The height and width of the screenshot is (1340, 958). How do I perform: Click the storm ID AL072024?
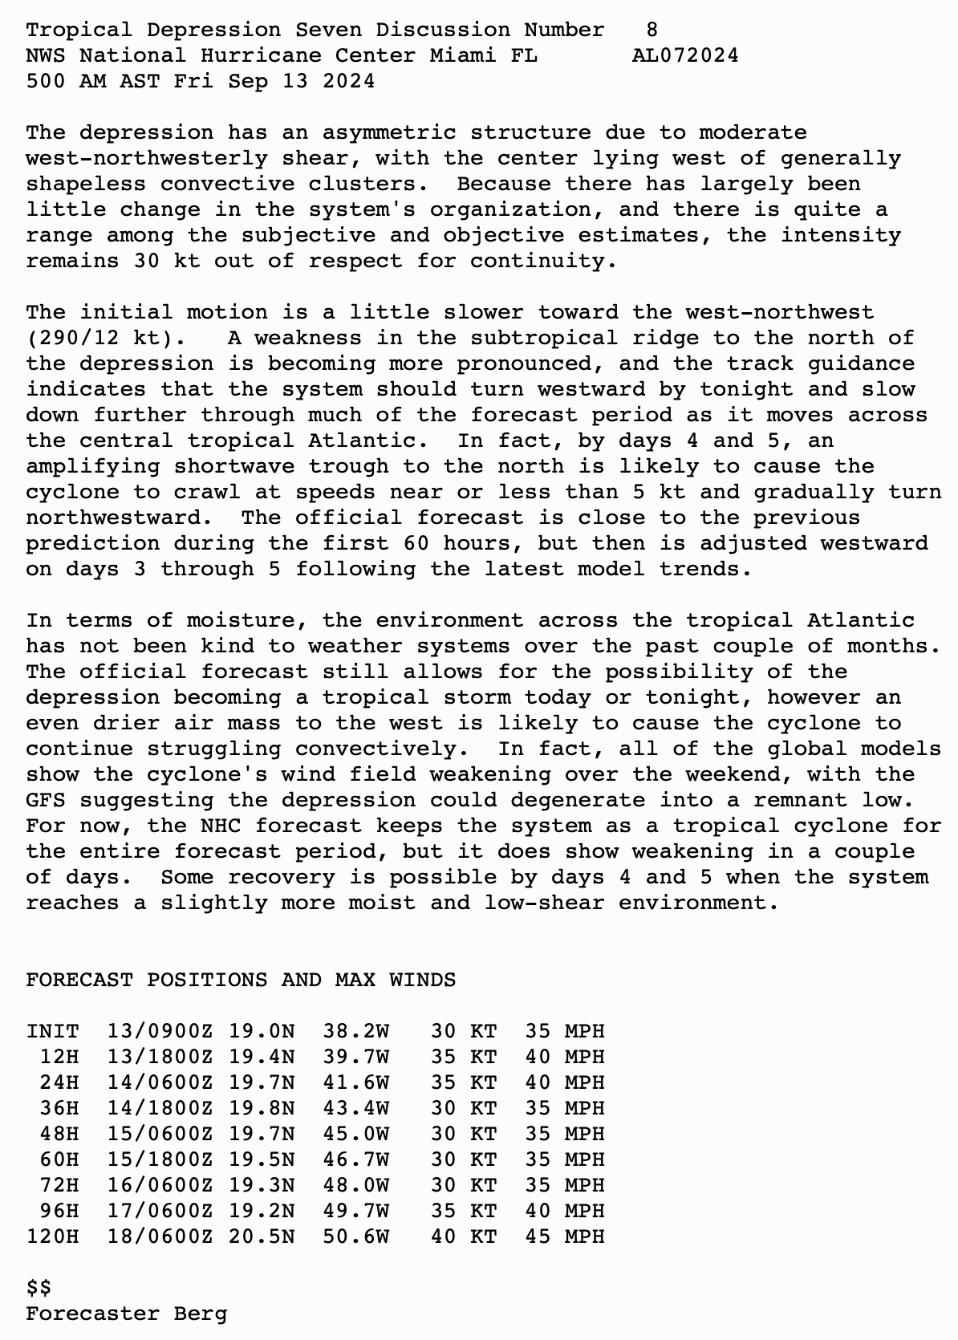pyautogui.click(x=684, y=55)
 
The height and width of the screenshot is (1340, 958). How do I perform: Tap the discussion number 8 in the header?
pyautogui.click(x=652, y=30)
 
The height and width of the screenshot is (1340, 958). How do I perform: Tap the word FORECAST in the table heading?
pyautogui.click(x=79, y=980)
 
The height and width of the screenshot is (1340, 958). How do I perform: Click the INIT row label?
pyautogui.click(x=52, y=1031)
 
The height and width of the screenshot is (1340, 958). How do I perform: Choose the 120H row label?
pyautogui.click(x=52, y=1236)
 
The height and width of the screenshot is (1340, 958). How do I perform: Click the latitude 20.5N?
pyautogui.click(x=262, y=1236)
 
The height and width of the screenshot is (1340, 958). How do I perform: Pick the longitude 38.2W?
pyautogui.click(x=356, y=1031)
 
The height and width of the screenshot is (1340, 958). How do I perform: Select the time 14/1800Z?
pyautogui.click(x=160, y=1108)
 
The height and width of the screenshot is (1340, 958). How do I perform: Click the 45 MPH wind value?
pyautogui.click(x=565, y=1236)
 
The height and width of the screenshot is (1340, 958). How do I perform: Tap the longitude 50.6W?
pyautogui.click(x=356, y=1236)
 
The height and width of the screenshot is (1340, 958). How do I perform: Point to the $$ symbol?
pyautogui.click(x=39, y=1288)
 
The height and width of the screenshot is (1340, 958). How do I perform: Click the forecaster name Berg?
pyautogui.click(x=201, y=1314)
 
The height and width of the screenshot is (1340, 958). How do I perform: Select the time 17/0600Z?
pyautogui.click(x=160, y=1211)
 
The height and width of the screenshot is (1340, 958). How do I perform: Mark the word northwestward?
pyautogui.click(x=112, y=518)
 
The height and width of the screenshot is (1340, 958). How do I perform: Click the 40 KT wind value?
pyautogui.click(x=464, y=1236)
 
